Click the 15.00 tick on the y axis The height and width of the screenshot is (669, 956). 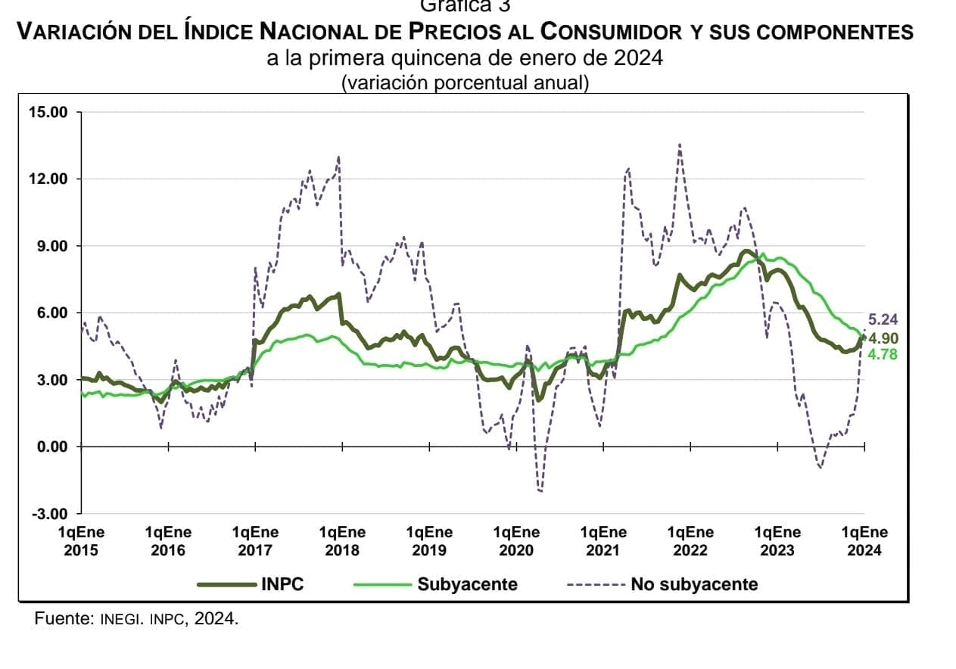point(48,113)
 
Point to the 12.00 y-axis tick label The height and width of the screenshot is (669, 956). point(48,179)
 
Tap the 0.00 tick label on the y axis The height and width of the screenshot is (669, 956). point(51,447)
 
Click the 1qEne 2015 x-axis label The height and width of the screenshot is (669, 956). point(81,541)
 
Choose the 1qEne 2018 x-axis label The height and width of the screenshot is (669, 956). point(342,541)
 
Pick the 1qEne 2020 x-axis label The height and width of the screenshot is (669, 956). point(516,541)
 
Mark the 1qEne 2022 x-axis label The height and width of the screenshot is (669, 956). point(690,541)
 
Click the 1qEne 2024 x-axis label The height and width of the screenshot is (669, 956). point(864,541)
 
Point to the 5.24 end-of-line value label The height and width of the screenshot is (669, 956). point(882,319)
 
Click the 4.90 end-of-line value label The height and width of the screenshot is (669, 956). point(883,338)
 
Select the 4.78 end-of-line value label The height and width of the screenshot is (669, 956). point(883,353)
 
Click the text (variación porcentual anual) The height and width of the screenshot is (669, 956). point(465,82)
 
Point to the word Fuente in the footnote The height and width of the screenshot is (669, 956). point(64,619)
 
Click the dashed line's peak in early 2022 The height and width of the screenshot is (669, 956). point(680,145)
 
